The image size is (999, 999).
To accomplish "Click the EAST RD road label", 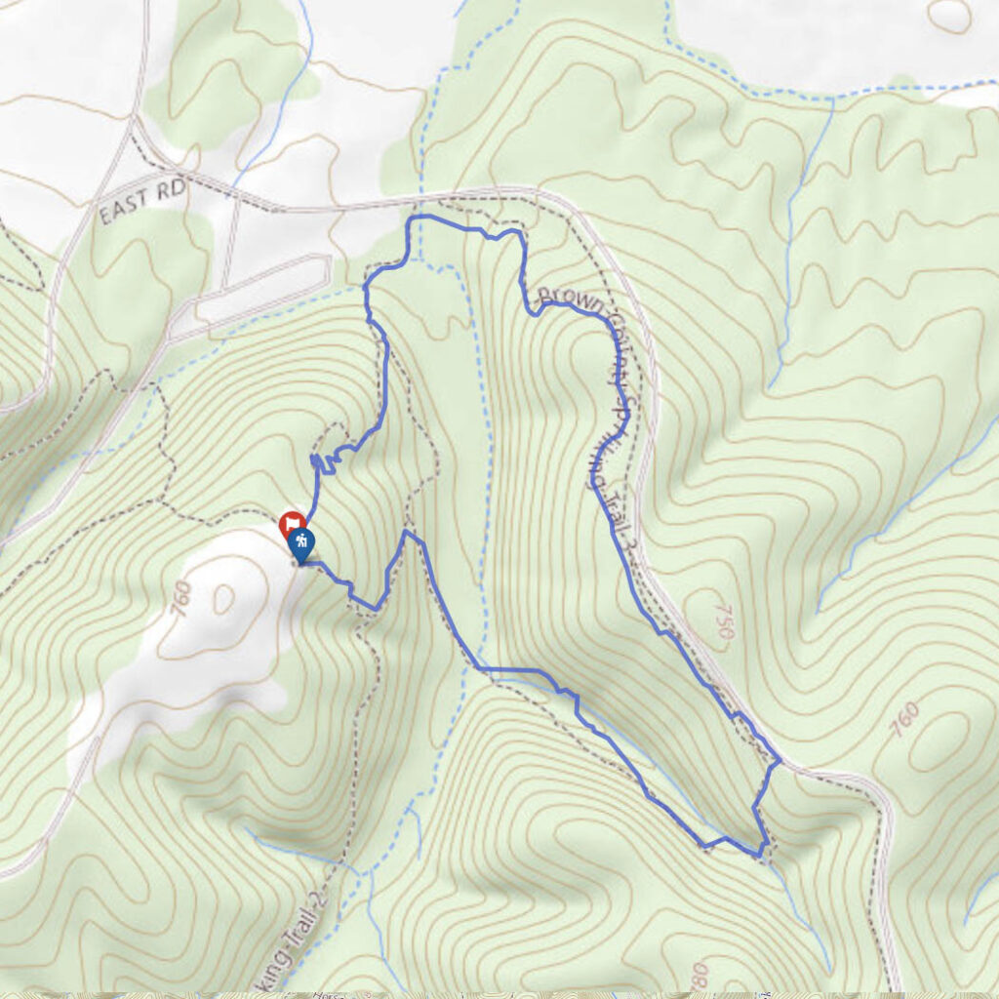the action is pyautogui.click(x=141, y=201).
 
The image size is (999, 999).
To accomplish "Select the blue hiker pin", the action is pyautogui.click(x=302, y=545).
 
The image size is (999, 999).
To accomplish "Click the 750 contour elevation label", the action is pyautogui.click(x=723, y=621).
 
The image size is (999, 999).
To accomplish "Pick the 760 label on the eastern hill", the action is pyautogui.click(x=904, y=720).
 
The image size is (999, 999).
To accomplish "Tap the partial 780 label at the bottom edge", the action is pyautogui.click(x=698, y=976).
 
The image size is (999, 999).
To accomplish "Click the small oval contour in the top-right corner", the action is pyautogui.click(x=949, y=14).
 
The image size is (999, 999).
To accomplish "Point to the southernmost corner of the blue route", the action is pyautogui.click(x=760, y=856).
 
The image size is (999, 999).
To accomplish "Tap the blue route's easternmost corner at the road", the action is pyautogui.click(x=779, y=760).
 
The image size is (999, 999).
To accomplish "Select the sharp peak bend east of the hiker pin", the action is pyautogui.click(x=406, y=534).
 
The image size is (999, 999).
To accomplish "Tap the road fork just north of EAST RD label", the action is pyautogui.click(x=136, y=128).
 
